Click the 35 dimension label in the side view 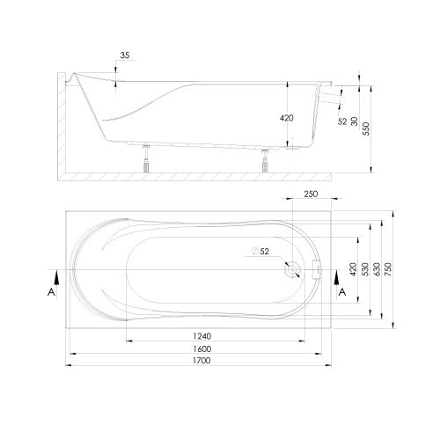125,55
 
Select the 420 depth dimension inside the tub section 287,118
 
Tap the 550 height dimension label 366,128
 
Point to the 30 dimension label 355,121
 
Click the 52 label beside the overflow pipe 342,121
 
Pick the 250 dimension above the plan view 311,194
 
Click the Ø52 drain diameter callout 260,252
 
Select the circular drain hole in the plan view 293,269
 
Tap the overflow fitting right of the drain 317,269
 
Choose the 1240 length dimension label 202,336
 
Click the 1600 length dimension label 202,348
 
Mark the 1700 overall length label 202,360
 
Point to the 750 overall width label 387,269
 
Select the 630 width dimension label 377,269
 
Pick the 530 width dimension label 365,269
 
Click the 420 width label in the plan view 353,269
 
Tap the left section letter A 51,292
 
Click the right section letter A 342,292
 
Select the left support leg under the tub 146,158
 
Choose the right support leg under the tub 266,160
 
